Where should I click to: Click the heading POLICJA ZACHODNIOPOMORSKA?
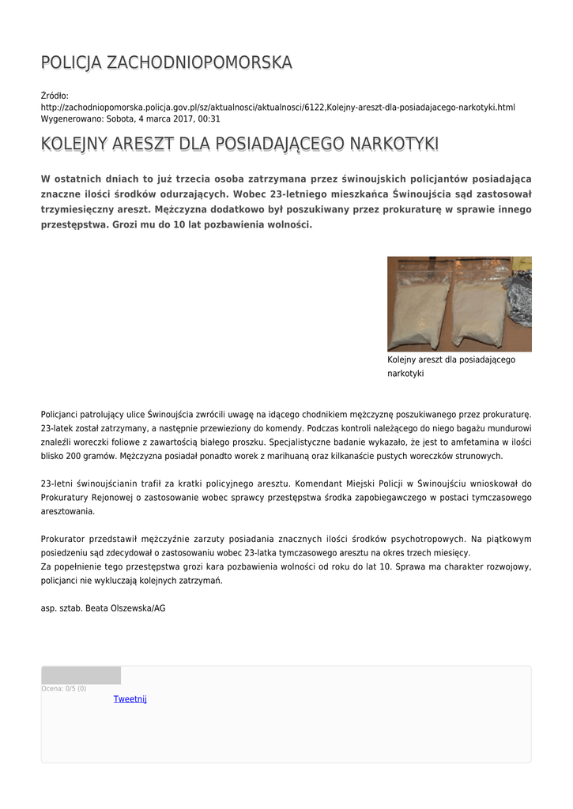166,62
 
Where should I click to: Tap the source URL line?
277,107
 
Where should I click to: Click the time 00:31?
209,119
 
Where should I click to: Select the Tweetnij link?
130,699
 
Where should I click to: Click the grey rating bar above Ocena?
81,675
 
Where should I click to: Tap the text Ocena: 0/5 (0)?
64,689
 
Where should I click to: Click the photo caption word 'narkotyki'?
405,374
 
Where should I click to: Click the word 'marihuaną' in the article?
297,457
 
